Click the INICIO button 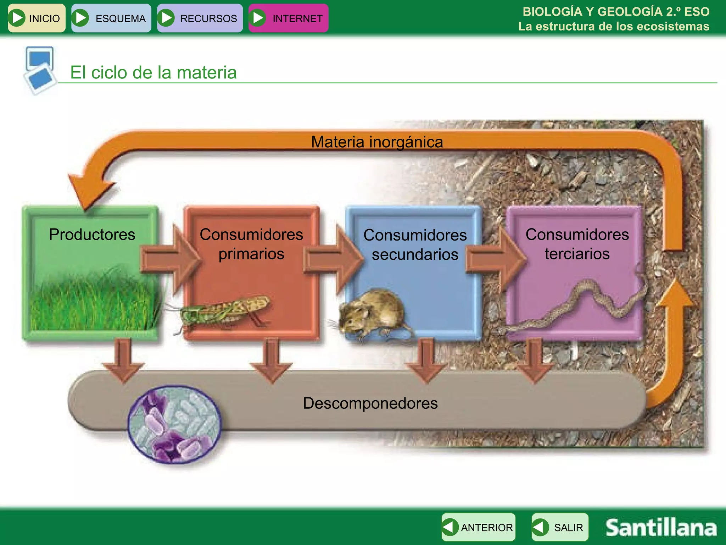(37, 18)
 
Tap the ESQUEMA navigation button (111, 18)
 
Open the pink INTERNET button (288, 18)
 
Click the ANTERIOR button (478, 527)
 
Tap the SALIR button (560, 527)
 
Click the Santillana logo (660, 528)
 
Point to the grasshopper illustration (223, 311)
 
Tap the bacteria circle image (174, 424)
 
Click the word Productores (92, 235)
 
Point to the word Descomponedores (370, 403)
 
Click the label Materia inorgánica (377, 142)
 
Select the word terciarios (577, 254)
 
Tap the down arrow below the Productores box (123, 362)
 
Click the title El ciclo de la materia (153, 72)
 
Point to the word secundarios (415, 255)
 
